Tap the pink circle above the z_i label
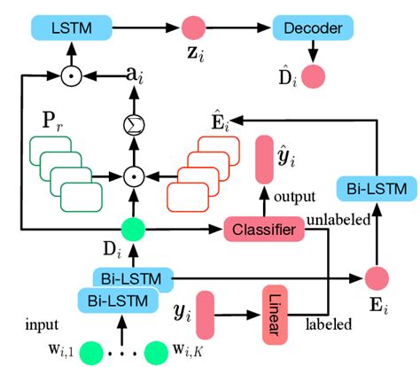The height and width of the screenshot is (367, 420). [192, 28]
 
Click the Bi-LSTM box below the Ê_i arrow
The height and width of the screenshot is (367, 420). [371, 188]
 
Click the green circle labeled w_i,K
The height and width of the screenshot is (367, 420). [157, 353]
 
